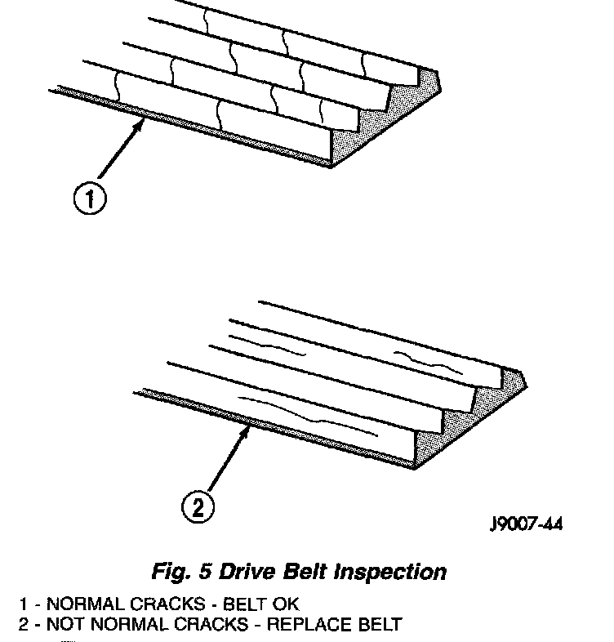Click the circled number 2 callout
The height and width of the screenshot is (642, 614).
[197, 509]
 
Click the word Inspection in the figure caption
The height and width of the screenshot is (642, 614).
[391, 572]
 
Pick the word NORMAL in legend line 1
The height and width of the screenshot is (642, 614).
[81, 605]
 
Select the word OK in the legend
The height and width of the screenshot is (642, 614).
[282, 605]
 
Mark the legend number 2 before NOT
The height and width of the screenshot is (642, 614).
[24, 626]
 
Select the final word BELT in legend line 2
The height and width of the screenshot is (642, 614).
[380, 626]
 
